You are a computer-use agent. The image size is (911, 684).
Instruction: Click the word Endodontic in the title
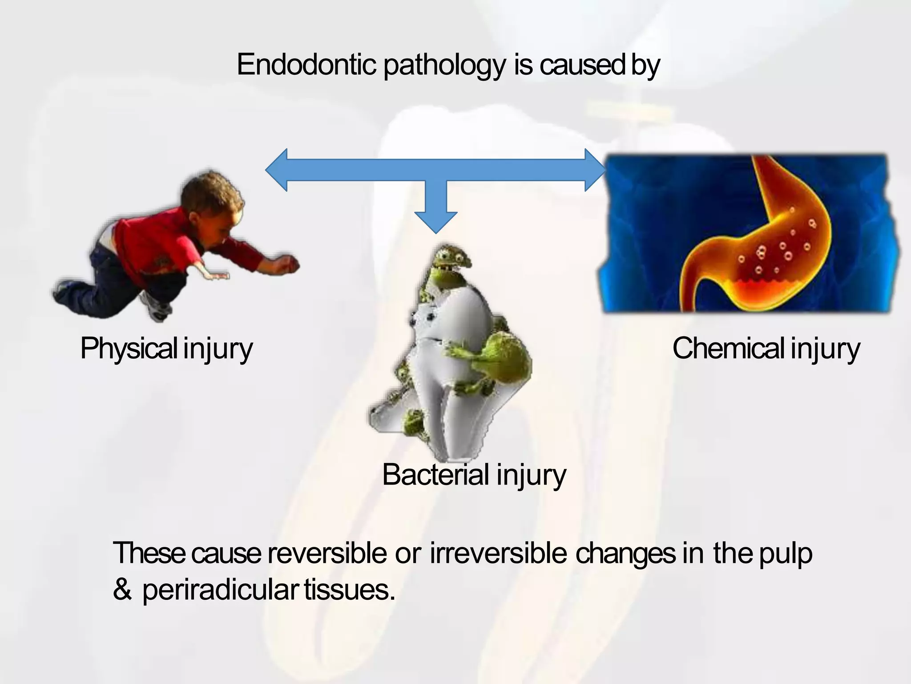[x=306, y=65]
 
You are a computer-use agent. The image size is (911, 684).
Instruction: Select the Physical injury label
[x=166, y=349]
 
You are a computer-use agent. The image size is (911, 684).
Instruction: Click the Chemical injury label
[x=766, y=349]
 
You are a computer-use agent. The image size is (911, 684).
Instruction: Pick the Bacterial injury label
[x=474, y=475]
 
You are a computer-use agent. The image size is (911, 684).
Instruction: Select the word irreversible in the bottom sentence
[x=498, y=554]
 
